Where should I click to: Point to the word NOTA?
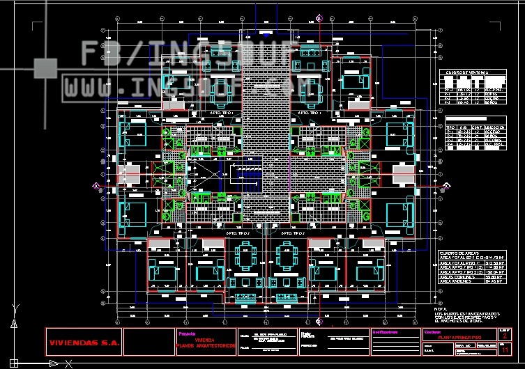coord(440,308)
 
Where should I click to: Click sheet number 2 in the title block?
coord(503,336)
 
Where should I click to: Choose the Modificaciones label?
coord(388,332)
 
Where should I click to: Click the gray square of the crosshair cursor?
coord(45,68)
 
